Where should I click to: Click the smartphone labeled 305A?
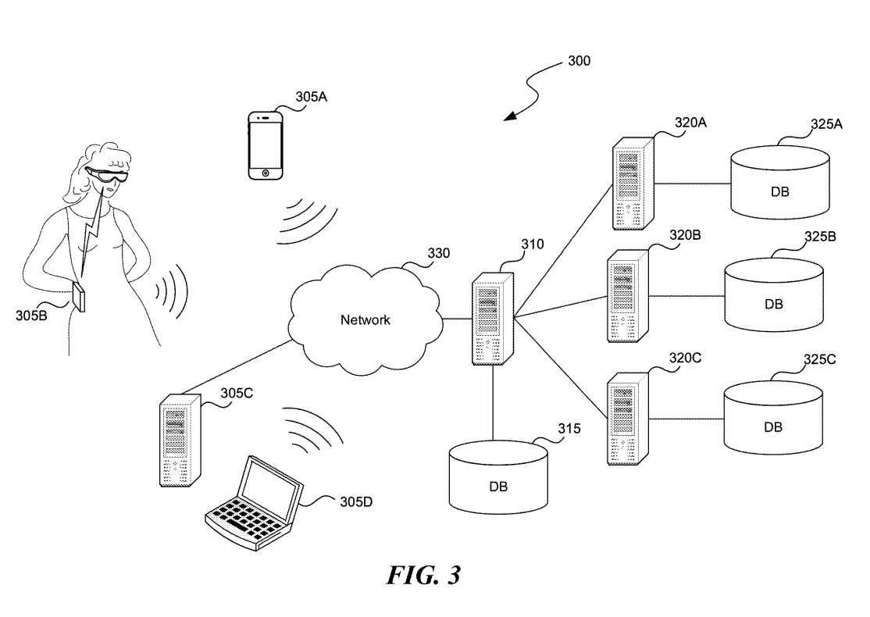click(266, 145)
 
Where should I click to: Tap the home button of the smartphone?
click(266, 172)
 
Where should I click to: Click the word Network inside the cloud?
click(365, 319)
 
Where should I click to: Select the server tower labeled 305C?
click(179, 441)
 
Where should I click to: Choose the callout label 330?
click(438, 254)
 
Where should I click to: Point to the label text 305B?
click(32, 316)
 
